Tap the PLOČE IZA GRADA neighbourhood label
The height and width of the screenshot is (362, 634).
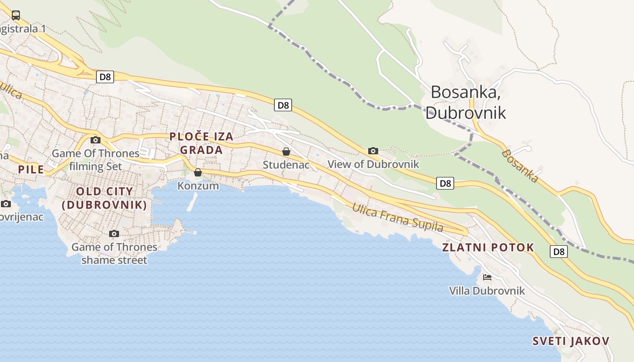202,143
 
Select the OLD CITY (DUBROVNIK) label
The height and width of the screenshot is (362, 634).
104,198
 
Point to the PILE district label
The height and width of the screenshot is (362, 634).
31,170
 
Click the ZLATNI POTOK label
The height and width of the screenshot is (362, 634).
488,248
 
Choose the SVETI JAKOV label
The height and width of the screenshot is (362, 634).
571,341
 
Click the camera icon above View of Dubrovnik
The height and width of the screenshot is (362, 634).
373,151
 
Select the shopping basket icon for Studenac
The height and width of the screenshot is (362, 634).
286,152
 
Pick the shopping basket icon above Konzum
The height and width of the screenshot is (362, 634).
198,172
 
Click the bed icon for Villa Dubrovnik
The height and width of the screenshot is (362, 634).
487,277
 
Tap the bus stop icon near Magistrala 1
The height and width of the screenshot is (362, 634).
16,15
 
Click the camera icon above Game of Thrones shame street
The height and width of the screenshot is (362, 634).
114,233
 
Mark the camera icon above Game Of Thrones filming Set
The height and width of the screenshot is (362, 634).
96,140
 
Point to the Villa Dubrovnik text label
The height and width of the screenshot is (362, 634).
487,291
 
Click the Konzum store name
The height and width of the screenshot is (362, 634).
198,186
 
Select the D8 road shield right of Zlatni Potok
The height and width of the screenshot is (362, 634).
559,252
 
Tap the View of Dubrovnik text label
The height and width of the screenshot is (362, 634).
373,164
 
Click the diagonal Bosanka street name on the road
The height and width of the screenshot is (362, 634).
520,166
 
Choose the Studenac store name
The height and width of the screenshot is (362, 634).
286,165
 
